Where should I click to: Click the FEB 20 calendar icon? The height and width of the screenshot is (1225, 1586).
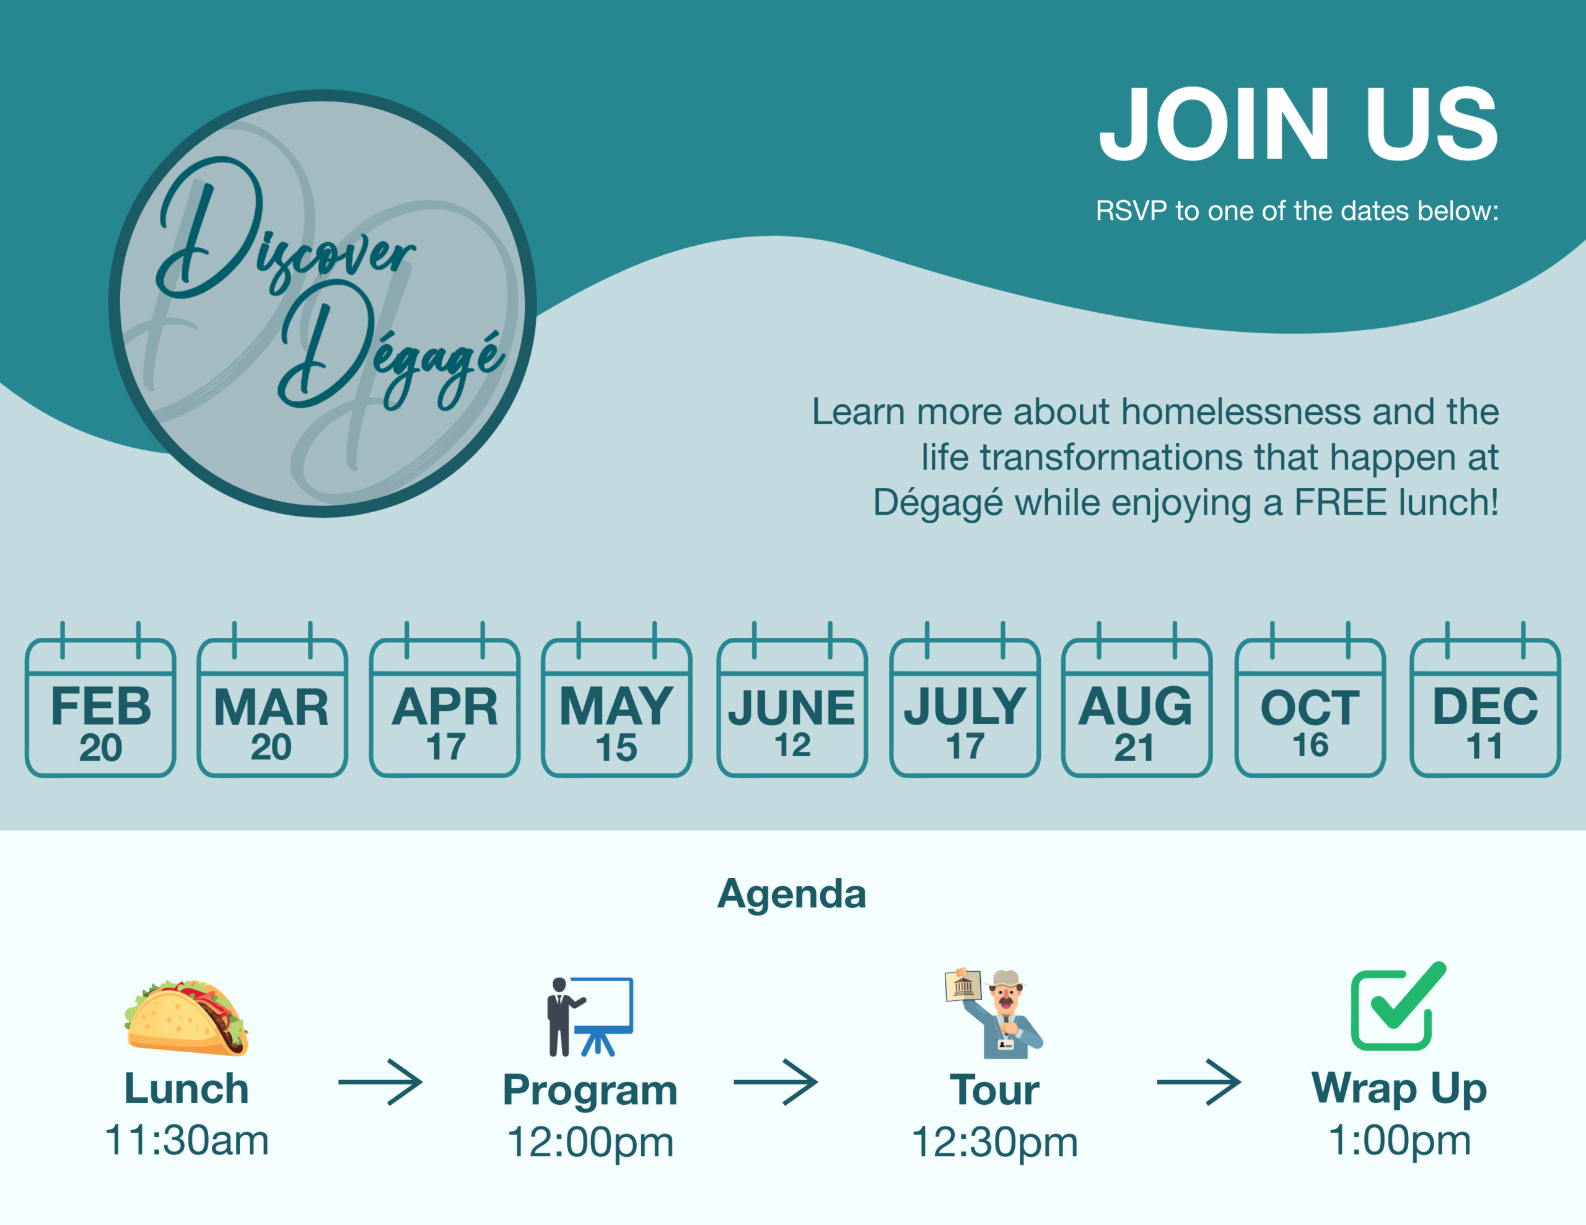[100, 700]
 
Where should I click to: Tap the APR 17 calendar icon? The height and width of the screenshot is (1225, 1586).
[444, 700]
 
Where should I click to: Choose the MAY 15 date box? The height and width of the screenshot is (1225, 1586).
[616, 700]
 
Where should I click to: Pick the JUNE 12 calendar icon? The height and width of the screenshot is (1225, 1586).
[792, 700]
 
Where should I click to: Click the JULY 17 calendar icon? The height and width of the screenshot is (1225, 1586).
[965, 700]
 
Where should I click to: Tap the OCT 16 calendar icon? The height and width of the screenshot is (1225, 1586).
[1310, 700]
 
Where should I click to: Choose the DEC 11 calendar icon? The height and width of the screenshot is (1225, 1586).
[1485, 700]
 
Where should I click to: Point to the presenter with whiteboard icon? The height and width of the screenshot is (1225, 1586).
[590, 1016]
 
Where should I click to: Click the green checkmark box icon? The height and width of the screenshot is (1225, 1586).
[1398, 1006]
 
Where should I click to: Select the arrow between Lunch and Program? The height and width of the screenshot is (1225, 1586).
[380, 1083]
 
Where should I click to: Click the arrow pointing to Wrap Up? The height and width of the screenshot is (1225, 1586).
[1199, 1083]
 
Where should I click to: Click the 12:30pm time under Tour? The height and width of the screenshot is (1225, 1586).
[995, 1142]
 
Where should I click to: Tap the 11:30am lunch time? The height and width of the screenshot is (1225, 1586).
[186, 1140]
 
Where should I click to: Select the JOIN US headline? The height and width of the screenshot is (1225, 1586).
[1299, 123]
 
